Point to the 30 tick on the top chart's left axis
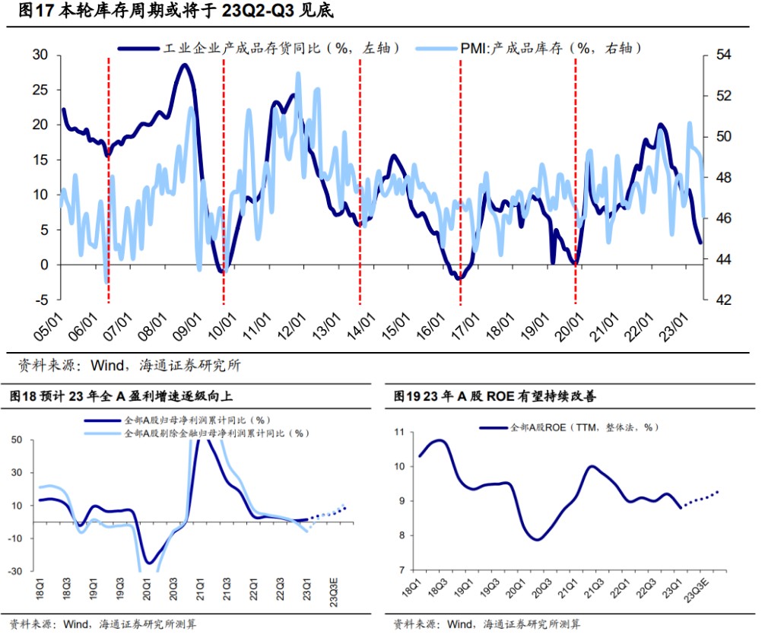tap(40, 56)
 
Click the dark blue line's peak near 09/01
tap(183, 65)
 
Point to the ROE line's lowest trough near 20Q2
tap(538, 540)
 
